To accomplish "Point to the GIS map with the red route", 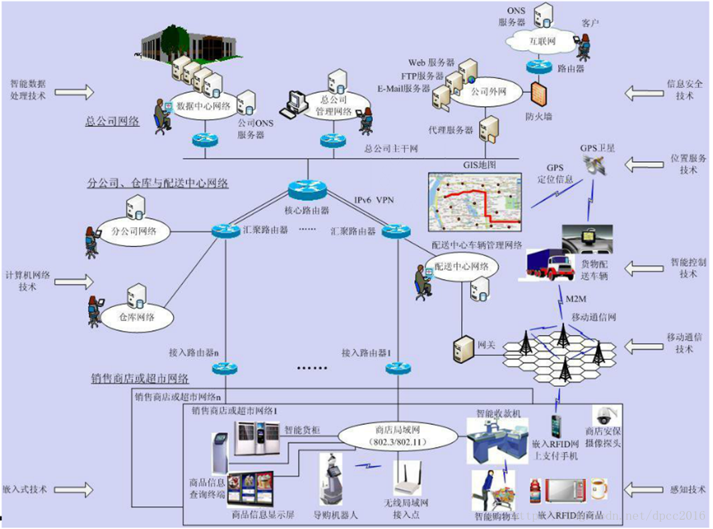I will (474, 198).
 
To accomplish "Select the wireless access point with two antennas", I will (408, 480).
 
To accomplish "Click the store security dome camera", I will (604, 416).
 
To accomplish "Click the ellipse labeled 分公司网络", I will (132, 232).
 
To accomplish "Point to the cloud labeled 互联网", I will (542, 41).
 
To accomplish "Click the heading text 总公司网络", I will (112, 122).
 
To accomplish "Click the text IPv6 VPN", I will (374, 200).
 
